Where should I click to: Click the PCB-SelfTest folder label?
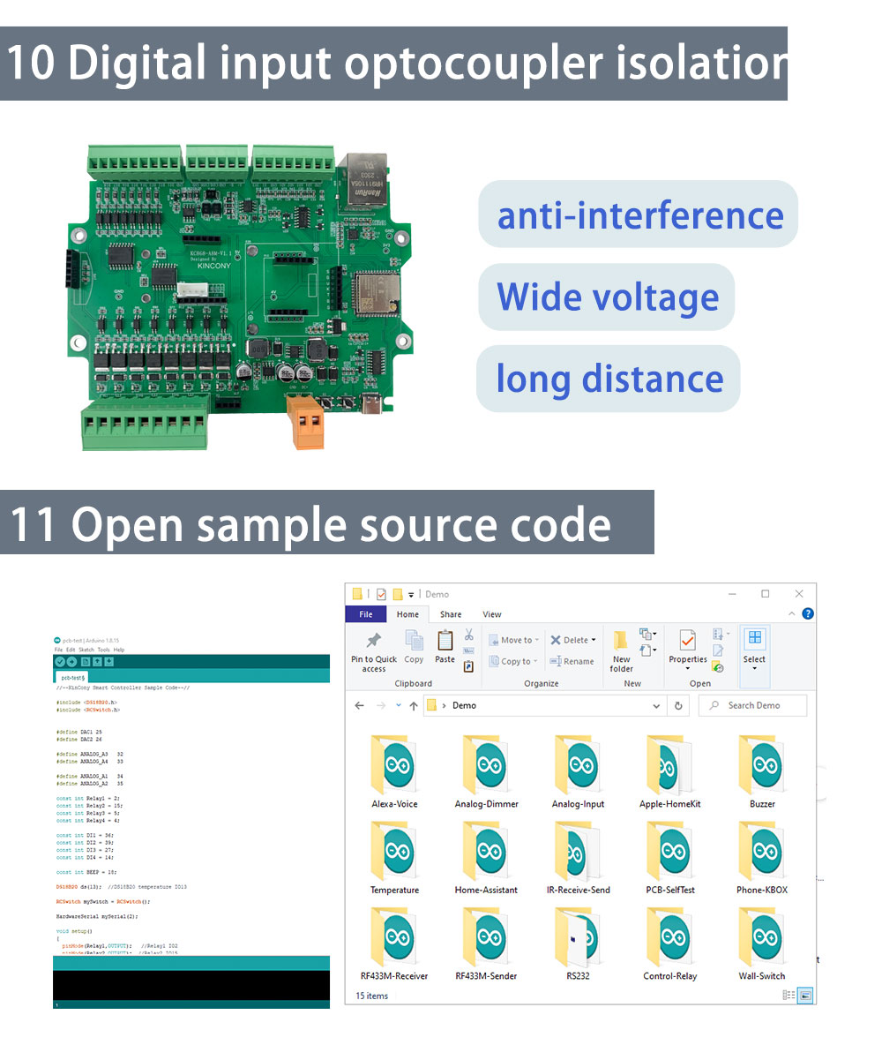(670, 890)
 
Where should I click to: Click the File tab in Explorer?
(365, 614)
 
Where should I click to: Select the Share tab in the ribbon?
(451, 614)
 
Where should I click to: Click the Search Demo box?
(753, 705)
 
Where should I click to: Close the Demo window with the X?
(799, 594)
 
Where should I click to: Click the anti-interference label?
(639, 215)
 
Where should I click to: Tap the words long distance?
(609, 379)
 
